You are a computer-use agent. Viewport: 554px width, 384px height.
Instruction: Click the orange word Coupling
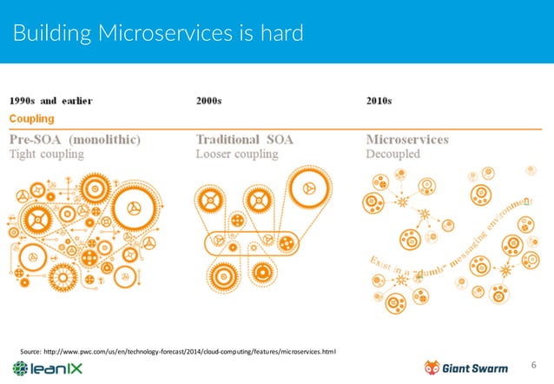[x=32, y=118]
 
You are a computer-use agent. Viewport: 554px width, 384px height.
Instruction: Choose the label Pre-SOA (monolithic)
[x=76, y=139]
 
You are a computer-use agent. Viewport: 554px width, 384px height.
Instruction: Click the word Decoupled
[x=393, y=155]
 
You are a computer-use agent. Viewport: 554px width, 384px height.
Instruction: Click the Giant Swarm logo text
[x=478, y=367]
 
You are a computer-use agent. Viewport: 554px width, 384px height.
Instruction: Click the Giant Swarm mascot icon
[x=432, y=367]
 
